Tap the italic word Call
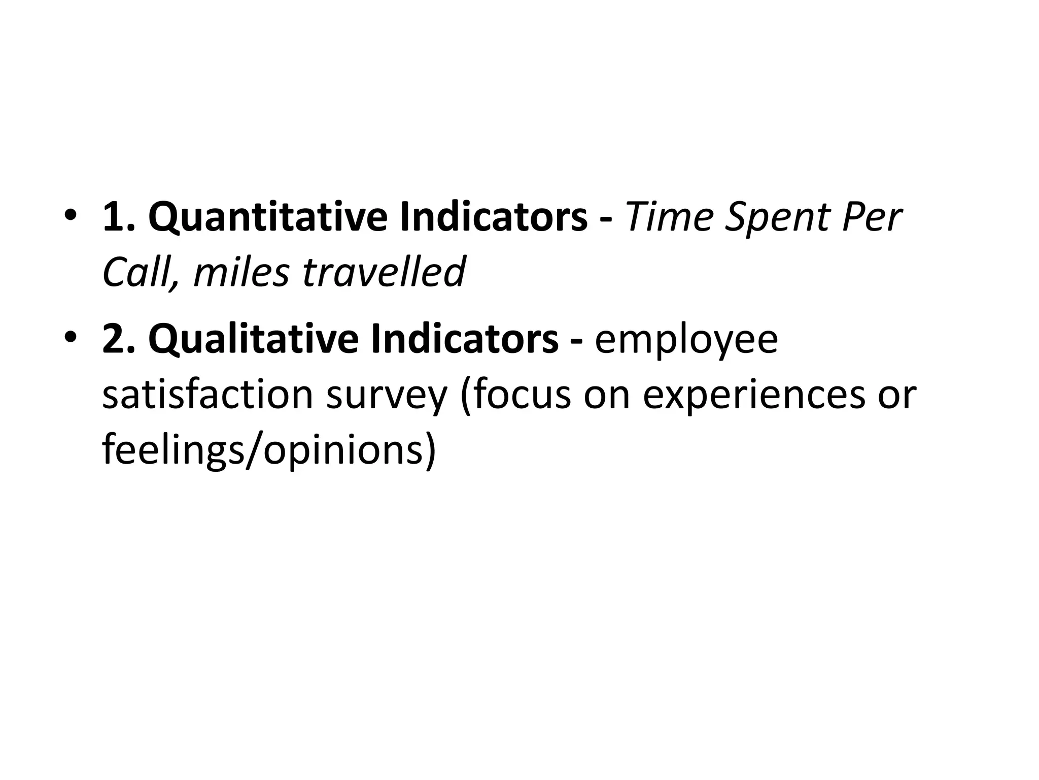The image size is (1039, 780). [136, 272]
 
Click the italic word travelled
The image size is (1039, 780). [384, 272]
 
